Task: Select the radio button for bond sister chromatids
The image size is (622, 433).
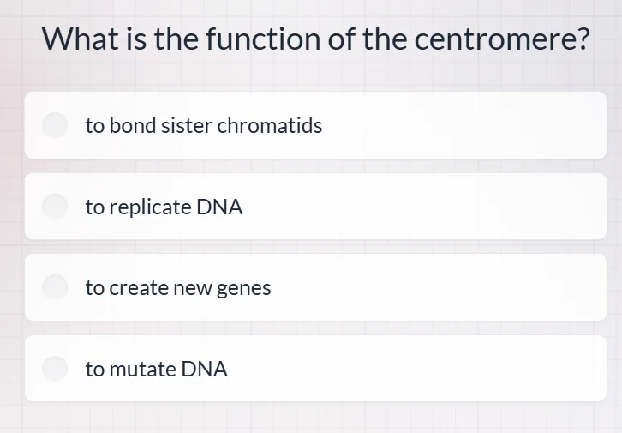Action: tap(56, 125)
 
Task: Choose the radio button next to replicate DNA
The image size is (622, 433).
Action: tap(56, 207)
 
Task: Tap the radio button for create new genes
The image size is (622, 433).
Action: tap(56, 287)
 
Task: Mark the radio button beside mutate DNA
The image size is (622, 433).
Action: tap(56, 369)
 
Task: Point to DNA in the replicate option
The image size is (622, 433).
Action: tap(219, 207)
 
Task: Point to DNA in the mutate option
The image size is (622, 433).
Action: tap(204, 370)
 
